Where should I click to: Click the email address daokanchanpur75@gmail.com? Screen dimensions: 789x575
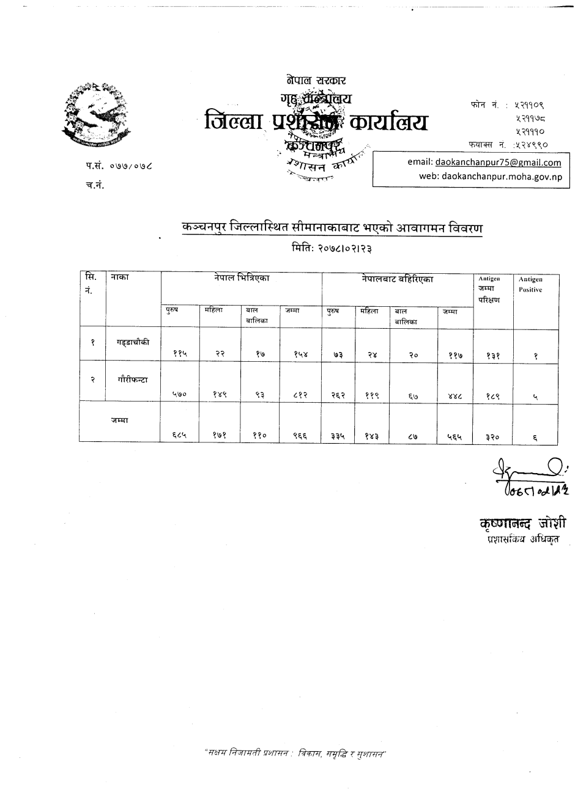[497, 163]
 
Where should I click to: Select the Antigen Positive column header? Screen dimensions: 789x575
[530, 284]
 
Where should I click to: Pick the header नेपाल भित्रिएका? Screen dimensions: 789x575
[242, 278]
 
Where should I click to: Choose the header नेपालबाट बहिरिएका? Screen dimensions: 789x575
[398, 279]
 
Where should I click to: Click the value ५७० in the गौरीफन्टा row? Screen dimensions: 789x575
[180, 395]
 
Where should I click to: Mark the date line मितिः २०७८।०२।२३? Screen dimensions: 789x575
[332, 249]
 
